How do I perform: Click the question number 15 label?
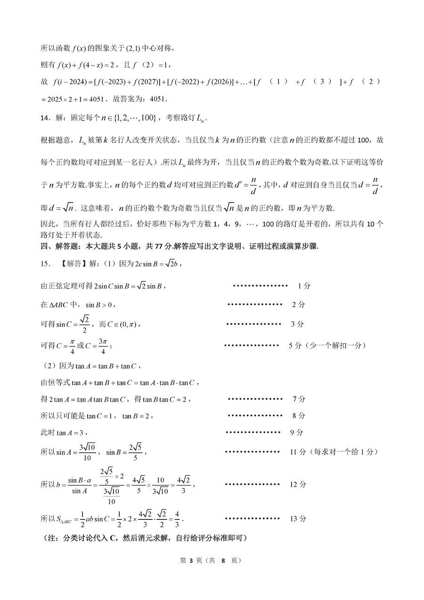(x=46, y=264)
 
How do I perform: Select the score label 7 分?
(x=299, y=399)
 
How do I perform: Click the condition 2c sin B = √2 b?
(x=154, y=264)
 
